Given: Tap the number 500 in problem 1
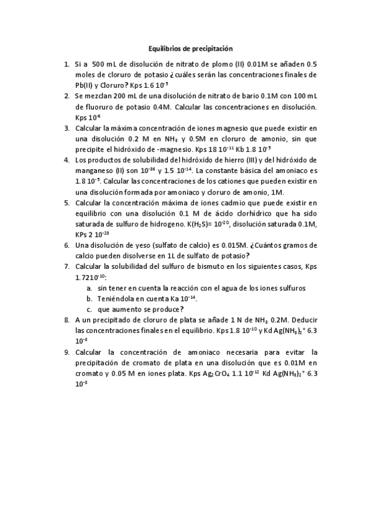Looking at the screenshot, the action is pos(98,64).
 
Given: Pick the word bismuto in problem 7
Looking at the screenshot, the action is pos(208,266).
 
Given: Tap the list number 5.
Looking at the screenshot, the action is pos(67,202).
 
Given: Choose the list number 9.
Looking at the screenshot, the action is pos(67,352).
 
